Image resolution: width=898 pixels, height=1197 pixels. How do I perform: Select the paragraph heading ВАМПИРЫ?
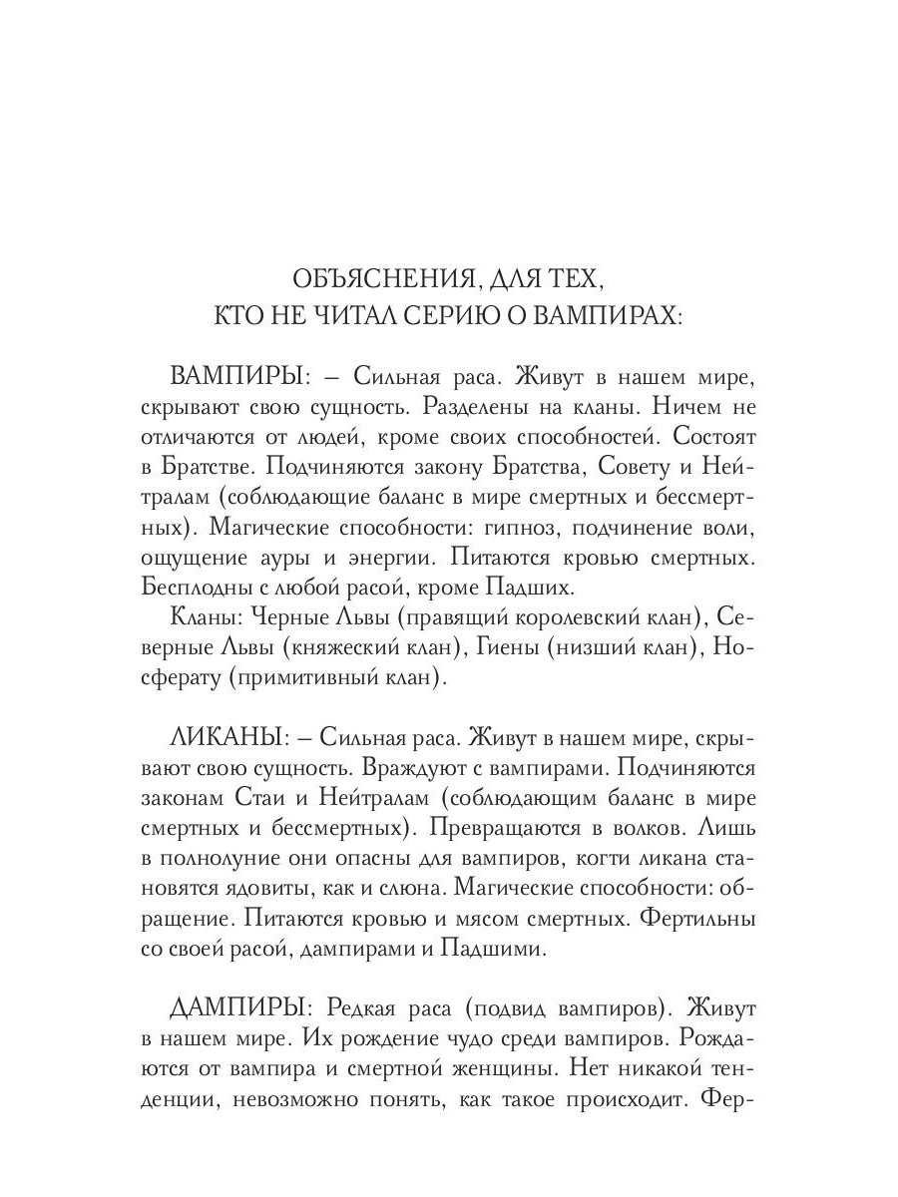[x=234, y=380]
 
